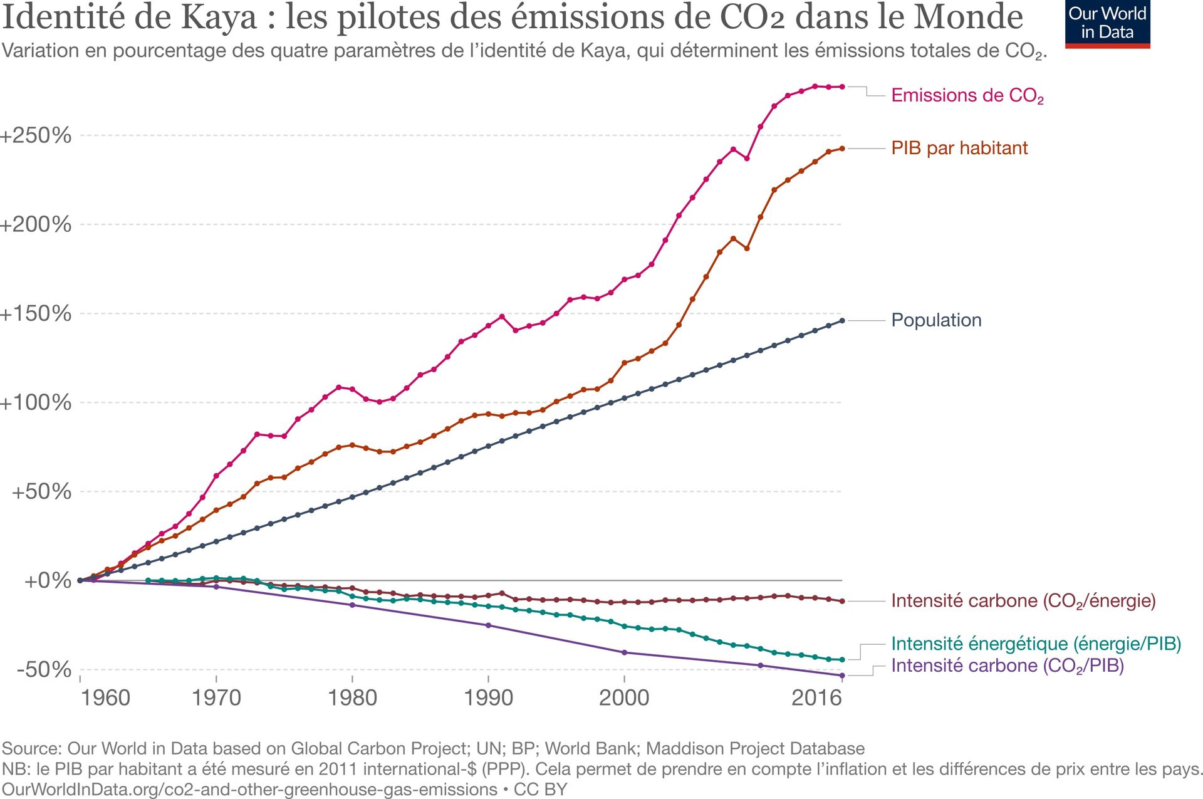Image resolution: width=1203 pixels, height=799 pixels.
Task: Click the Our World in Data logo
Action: tap(1107, 24)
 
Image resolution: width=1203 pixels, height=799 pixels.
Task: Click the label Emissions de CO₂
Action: tap(967, 96)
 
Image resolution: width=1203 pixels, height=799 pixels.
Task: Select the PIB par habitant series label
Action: tap(959, 149)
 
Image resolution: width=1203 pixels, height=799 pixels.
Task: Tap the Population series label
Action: tap(936, 320)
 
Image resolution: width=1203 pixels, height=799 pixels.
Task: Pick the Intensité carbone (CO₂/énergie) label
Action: tap(1023, 601)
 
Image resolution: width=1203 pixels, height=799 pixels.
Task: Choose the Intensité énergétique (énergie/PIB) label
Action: tap(1036, 644)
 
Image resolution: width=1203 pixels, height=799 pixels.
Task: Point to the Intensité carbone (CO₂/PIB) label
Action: tap(1007, 666)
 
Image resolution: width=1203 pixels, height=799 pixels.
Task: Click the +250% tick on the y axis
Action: tap(36, 135)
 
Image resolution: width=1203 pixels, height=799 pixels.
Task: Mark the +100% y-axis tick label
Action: tap(36, 402)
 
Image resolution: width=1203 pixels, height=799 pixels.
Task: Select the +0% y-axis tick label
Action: tap(48, 581)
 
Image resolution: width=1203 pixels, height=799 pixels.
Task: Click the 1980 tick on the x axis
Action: tap(352, 697)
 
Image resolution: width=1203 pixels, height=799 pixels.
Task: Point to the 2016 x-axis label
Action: tap(816, 697)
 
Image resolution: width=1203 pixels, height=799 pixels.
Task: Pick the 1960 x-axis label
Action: tap(105, 697)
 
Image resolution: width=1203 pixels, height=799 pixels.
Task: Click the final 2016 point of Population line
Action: tap(842, 320)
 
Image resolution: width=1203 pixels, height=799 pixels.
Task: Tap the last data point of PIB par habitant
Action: tap(842, 149)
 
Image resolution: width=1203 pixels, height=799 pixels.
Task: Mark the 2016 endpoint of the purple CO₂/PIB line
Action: tap(842, 676)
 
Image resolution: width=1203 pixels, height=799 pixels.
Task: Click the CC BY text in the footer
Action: tap(540, 790)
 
